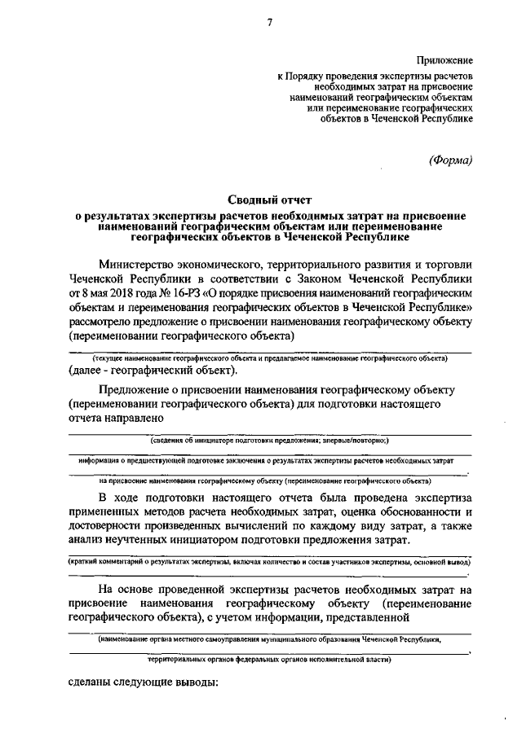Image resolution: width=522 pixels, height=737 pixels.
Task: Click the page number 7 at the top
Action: tap(268, 22)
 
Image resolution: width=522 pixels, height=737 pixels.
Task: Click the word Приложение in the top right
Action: tap(445, 60)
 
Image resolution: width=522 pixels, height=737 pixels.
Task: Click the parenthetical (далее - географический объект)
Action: tap(153, 371)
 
